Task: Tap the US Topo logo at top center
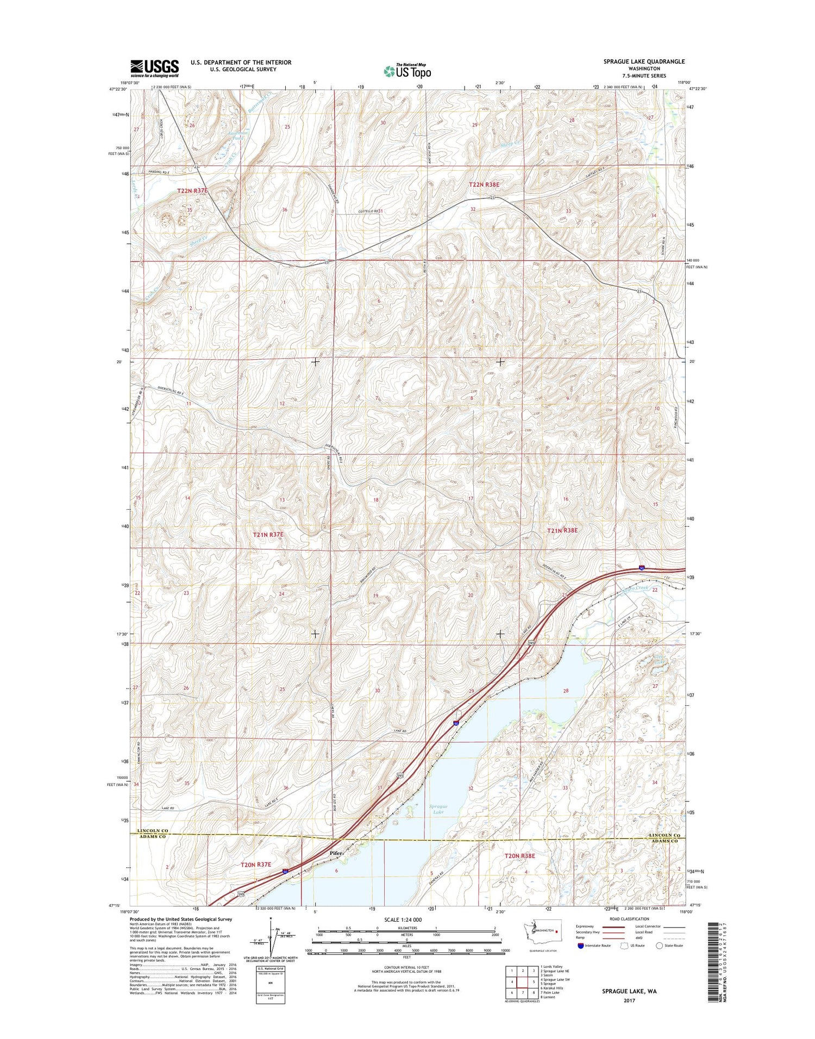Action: [x=407, y=71]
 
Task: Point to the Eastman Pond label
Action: [x=237, y=135]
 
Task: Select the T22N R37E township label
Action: [x=192, y=191]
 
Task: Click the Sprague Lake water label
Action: [x=438, y=809]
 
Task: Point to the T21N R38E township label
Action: [x=562, y=530]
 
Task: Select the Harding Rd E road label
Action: [x=158, y=172]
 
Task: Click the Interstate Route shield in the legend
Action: [x=581, y=946]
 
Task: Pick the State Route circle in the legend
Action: [x=660, y=946]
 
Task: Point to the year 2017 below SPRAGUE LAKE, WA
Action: [x=629, y=1000]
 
